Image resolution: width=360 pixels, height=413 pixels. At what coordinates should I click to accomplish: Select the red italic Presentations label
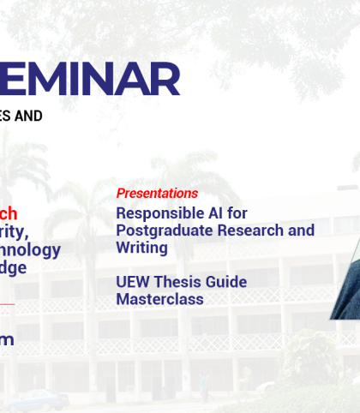coord(157,194)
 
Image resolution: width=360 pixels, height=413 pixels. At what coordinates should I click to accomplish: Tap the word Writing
coord(141,248)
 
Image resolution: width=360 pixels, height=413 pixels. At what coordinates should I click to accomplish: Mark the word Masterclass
coord(160,300)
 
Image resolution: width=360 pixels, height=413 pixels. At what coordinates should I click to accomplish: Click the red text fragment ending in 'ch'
coord(8,213)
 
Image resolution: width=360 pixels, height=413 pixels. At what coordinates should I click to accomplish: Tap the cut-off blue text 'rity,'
coord(14,232)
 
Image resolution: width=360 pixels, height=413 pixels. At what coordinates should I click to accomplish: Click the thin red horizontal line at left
coord(7,303)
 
